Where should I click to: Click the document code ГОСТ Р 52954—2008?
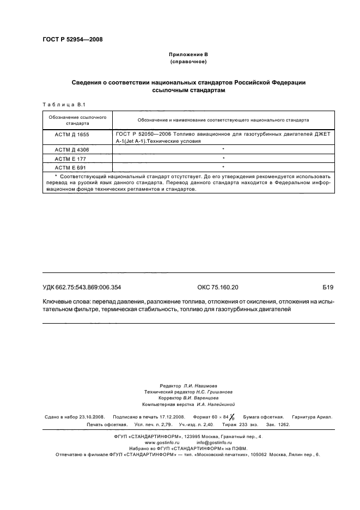coord(72,39)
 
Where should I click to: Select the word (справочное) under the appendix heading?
coord(188,63)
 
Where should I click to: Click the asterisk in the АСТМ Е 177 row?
coord(223,158)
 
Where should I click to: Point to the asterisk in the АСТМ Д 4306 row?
coord(223,149)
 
